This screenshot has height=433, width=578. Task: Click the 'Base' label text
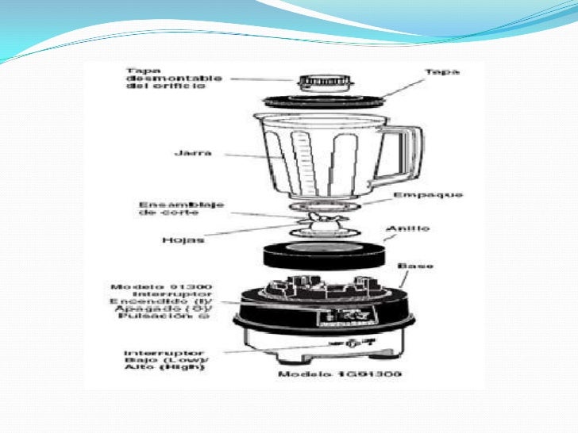point(415,265)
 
